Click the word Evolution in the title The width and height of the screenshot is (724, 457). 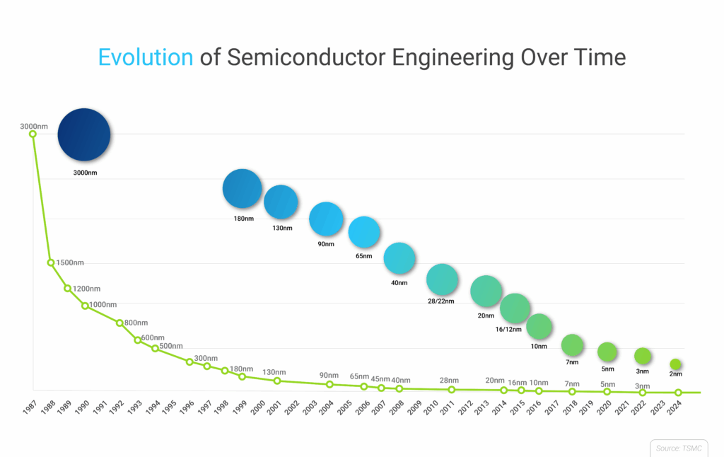tap(145, 57)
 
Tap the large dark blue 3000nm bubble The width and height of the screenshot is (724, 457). tap(84, 135)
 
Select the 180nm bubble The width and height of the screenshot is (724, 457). tap(243, 189)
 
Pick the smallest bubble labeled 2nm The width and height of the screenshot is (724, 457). tap(675, 364)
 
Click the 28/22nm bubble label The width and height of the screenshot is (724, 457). tap(440, 301)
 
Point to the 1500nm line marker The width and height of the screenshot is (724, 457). tap(51, 262)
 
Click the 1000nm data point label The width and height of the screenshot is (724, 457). tap(103, 305)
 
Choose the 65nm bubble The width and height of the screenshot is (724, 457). tap(364, 231)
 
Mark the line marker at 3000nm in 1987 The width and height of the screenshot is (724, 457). tap(33, 134)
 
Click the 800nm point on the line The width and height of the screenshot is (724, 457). tap(119, 323)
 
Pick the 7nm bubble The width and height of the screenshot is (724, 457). tap(572, 345)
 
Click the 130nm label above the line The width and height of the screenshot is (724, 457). tap(274, 373)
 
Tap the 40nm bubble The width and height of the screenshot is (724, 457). tap(399, 259)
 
